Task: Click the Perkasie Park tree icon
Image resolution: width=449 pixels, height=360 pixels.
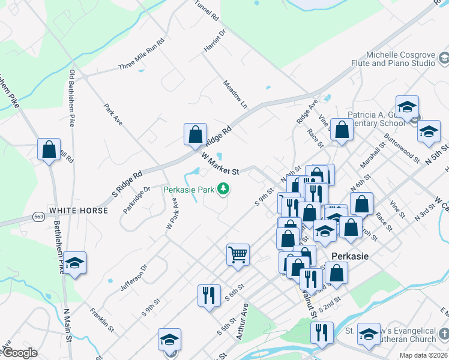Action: coord(223,190)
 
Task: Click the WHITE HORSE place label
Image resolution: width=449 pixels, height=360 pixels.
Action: coord(79,211)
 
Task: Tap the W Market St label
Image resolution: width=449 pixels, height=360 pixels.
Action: coord(220,164)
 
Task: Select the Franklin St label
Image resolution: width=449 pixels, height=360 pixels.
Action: coord(101,319)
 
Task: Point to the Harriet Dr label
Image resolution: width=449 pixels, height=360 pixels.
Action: coord(214,40)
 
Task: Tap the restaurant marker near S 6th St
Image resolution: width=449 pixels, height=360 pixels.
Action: coord(208,295)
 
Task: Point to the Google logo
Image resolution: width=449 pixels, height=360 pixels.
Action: coord(19,353)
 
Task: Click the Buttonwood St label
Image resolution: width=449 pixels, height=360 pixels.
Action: coord(402,148)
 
